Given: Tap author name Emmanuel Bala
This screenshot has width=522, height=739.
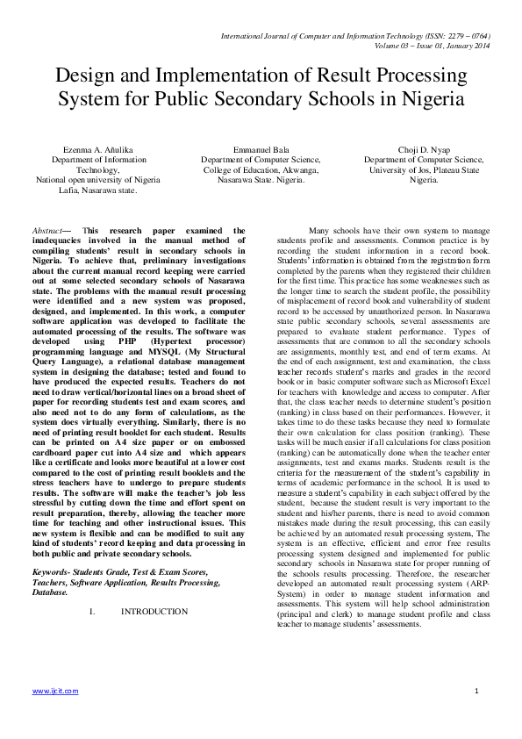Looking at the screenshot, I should tap(261, 150).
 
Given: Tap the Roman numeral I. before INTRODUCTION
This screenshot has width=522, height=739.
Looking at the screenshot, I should tap(92, 611).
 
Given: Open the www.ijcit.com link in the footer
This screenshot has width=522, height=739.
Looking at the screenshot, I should tap(55, 692).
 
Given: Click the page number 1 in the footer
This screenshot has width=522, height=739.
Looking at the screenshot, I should tap(476, 692).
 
